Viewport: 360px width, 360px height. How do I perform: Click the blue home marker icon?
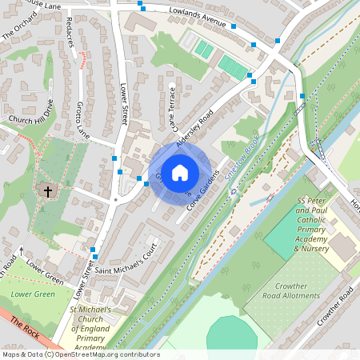[x=180, y=171]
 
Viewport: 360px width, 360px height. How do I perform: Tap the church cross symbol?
[x=47, y=192]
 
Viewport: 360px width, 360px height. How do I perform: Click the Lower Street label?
[x=124, y=104]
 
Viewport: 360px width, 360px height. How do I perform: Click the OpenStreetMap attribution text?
[x=80, y=354]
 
